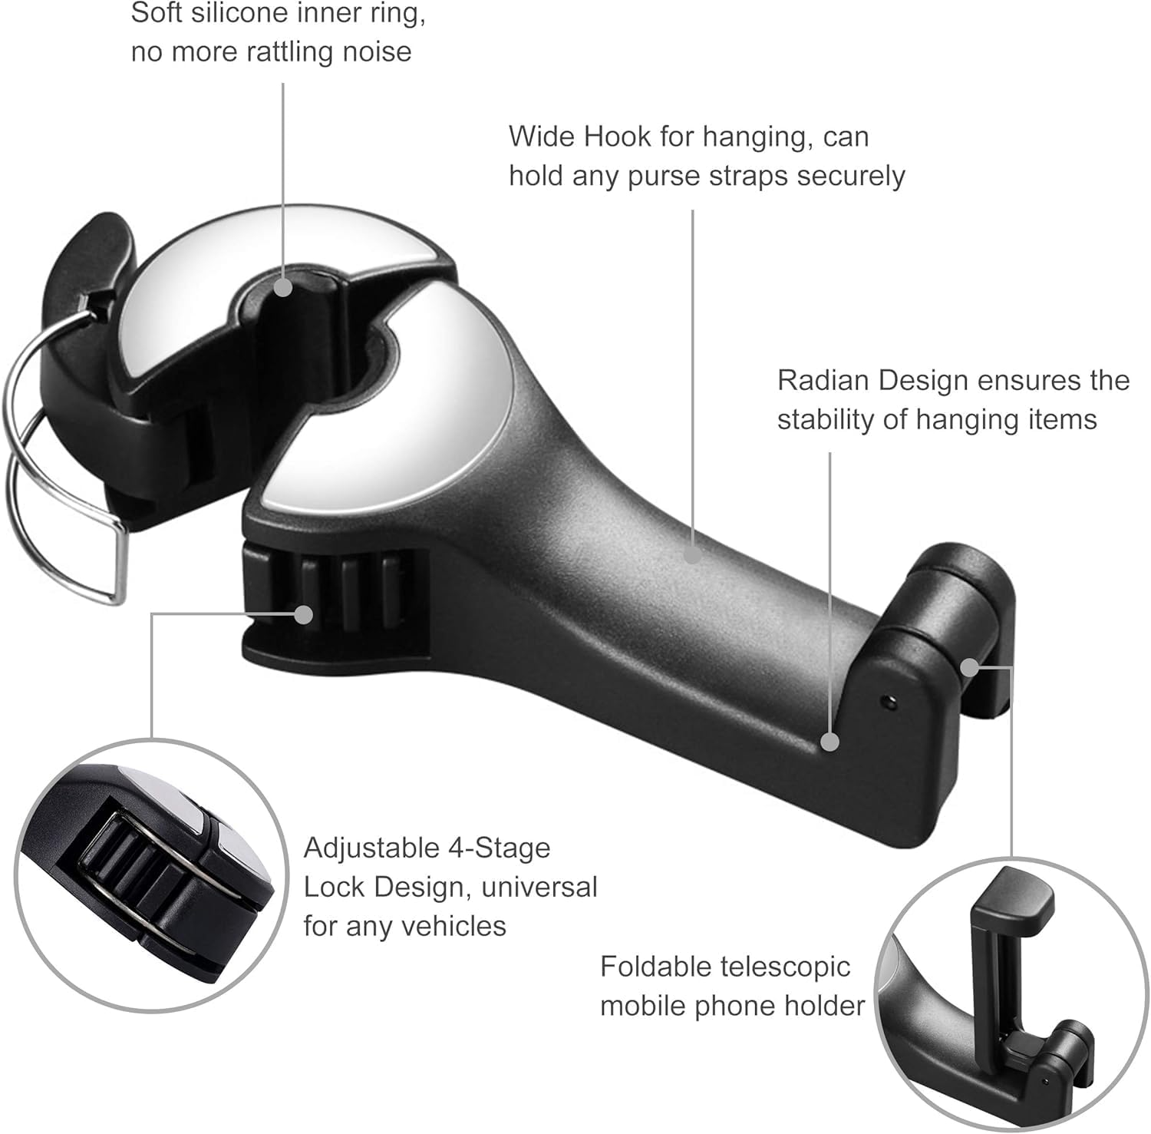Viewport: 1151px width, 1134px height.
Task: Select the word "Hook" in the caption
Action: click(618, 137)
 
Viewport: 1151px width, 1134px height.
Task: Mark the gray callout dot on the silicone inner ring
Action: click(283, 287)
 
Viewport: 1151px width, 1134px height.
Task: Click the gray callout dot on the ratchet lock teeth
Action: click(304, 614)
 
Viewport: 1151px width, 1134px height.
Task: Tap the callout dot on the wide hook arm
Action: click(693, 553)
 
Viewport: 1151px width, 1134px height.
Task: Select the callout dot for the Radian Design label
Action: click(829, 742)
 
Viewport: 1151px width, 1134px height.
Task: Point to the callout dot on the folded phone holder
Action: click(970, 667)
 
